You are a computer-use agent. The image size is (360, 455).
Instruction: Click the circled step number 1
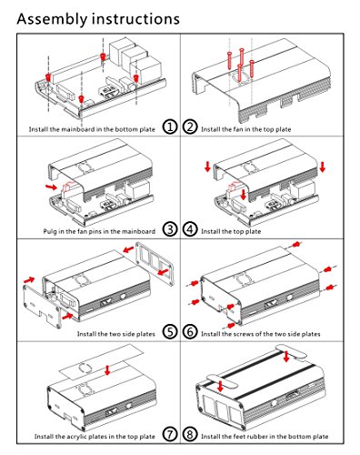[x=170, y=126]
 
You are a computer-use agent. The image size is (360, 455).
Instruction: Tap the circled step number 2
[x=190, y=126]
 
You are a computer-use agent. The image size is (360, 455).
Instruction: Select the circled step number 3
[x=170, y=229]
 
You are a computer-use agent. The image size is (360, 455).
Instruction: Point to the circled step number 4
[x=190, y=229]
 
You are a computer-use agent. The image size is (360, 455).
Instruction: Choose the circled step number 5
[x=170, y=331]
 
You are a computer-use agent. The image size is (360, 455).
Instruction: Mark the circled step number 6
[x=190, y=331]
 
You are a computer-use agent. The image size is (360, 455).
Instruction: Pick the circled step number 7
[x=170, y=434]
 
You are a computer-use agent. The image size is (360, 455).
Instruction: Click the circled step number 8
[x=190, y=434]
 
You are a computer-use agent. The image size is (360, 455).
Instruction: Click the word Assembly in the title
[x=52, y=19]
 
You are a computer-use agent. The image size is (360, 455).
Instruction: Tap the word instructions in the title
[x=135, y=19]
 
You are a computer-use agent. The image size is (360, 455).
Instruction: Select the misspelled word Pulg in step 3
[x=49, y=232]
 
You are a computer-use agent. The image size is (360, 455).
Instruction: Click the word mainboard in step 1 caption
[x=78, y=129]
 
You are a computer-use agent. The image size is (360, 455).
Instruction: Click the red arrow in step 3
[x=51, y=187]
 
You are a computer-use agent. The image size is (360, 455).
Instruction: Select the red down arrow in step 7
[x=107, y=369]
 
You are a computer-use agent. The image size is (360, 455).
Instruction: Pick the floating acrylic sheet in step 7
[x=102, y=362]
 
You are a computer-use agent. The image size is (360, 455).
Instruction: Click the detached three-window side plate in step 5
[x=155, y=263]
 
